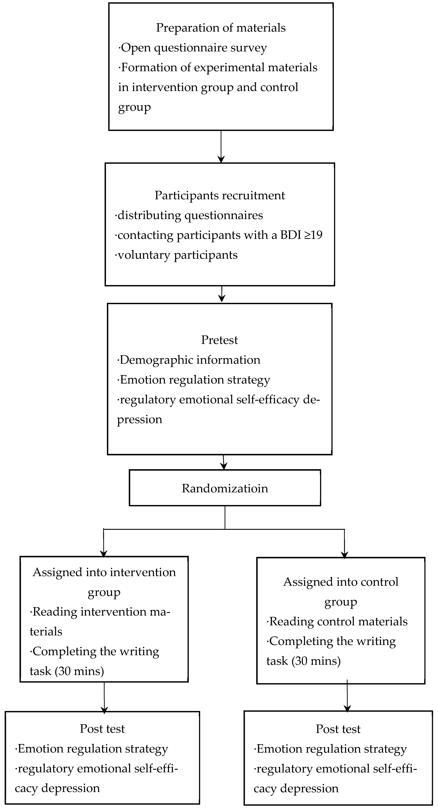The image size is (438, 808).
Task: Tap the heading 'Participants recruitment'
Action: click(x=220, y=195)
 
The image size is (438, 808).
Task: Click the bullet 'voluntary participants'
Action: click(x=176, y=255)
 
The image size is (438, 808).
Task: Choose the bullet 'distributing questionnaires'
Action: click(x=189, y=215)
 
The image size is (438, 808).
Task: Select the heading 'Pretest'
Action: click(x=219, y=340)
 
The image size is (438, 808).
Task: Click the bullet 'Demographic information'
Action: click(x=189, y=360)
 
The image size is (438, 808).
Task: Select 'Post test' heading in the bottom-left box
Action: click(x=102, y=729)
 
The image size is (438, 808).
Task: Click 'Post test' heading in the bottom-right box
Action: click(x=338, y=729)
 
